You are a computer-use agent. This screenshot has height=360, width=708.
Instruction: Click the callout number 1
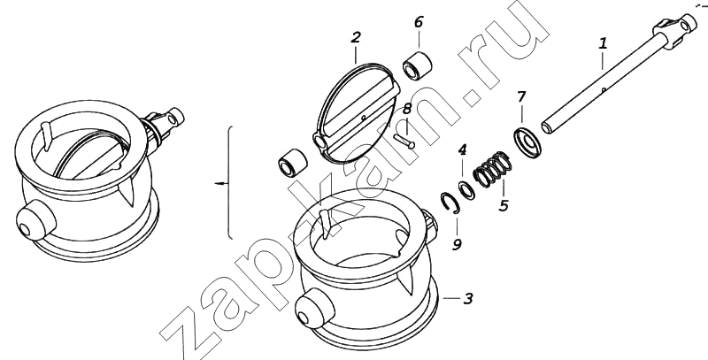pyautogui.click(x=603, y=43)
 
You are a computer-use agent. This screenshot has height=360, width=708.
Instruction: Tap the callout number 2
pyautogui.click(x=356, y=37)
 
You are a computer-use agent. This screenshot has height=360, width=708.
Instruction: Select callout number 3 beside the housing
pyautogui.click(x=468, y=298)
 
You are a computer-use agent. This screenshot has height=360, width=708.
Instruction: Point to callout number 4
pyautogui.click(x=462, y=150)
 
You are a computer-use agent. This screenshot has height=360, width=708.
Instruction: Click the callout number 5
pyautogui.click(x=504, y=206)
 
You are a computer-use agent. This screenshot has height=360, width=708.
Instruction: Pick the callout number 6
pyautogui.click(x=419, y=21)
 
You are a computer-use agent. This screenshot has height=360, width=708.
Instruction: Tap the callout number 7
pyautogui.click(x=521, y=97)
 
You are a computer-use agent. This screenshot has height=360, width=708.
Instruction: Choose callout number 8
pyautogui.click(x=407, y=109)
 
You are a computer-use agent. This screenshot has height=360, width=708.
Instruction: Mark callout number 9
pyautogui.click(x=457, y=244)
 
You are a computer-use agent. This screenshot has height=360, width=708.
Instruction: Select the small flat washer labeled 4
pyautogui.click(x=466, y=191)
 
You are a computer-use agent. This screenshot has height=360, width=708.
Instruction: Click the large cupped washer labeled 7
pyautogui.click(x=527, y=143)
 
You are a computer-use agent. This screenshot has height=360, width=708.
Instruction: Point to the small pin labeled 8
pyautogui.click(x=404, y=141)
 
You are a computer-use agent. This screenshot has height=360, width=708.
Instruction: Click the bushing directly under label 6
pyautogui.click(x=417, y=66)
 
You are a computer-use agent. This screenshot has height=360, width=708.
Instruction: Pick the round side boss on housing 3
pyautogui.click(x=315, y=310)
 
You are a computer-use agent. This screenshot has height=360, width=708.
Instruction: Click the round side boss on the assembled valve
pyautogui.click(x=35, y=221)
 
